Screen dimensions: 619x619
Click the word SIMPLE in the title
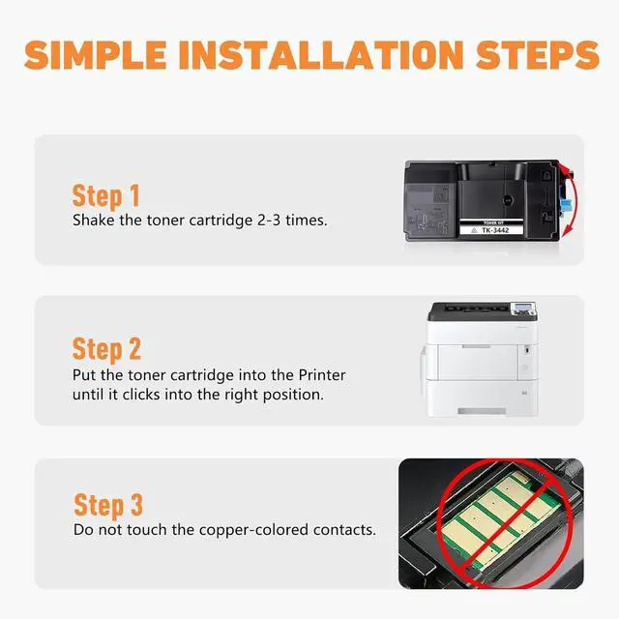tap(95, 54)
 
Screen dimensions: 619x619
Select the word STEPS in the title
tap(537, 54)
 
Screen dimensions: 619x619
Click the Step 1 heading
tap(105, 196)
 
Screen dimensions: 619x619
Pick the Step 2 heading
tap(106, 349)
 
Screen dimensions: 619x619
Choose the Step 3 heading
tap(108, 505)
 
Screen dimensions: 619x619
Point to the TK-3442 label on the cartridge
tap(495, 230)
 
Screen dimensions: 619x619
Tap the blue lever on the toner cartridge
tap(566, 206)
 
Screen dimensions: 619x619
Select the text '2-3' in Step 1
tap(269, 221)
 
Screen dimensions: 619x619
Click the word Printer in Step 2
tap(322, 374)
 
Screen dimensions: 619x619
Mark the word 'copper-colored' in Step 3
tap(253, 530)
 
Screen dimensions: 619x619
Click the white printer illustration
tap(481, 359)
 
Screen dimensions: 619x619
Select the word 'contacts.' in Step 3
tap(344, 530)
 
